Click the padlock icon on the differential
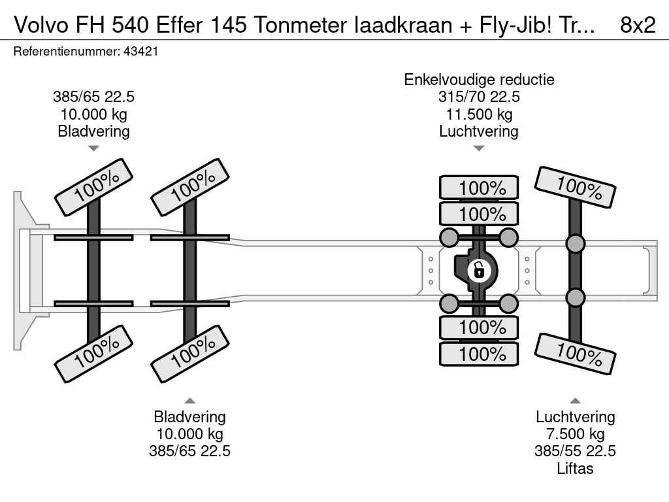click(x=479, y=269)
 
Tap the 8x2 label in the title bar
click(x=637, y=25)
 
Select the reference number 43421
click(x=140, y=52)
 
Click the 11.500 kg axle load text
click(x=479, y=114)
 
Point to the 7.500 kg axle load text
click(x=575, y=434)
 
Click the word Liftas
click(x=575, y=468)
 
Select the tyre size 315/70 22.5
click(x=479, y=97)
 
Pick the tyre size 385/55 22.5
click(x=575, y=451)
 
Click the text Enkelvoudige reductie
click(x=479, y=80)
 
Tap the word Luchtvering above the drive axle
click(x=479, y=131)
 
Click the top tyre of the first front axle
click(x=93, y=186)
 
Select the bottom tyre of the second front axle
click(x=190, y=354)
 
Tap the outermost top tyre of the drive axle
click(x=479, y=188)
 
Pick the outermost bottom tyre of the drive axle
click(x=479, y=354)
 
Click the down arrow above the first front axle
click(x=93, y=148)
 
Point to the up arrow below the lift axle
click(x=575, y=401)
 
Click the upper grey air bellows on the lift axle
click(x=575, y=244)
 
